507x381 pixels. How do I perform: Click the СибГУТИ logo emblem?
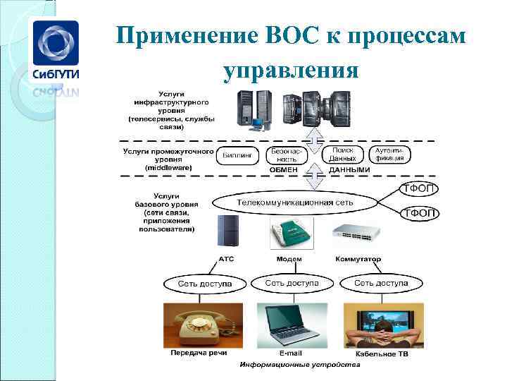[x=54, y=44]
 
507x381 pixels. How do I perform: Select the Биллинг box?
[x=239, y=155]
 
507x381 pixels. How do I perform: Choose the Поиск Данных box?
[x=343, y=155]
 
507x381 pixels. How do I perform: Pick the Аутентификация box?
[x=389, y=155]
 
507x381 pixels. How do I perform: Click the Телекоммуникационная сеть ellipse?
[x=296, y=202]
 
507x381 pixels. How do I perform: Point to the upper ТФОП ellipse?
[x=420, y=188]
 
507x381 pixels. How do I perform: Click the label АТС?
[x=226, y=259]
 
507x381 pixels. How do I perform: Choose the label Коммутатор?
[x=358, y=259]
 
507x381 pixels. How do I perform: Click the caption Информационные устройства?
[x=300, y=365]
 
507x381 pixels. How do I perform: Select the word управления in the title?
[x=291, y=71]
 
